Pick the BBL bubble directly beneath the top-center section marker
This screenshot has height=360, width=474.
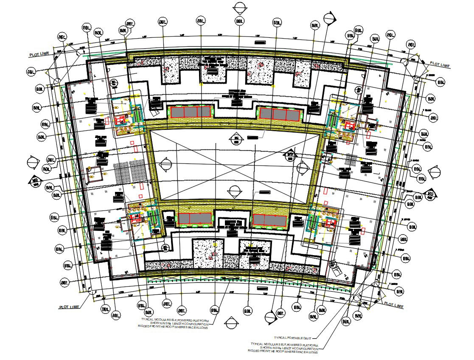[x=240, y=21]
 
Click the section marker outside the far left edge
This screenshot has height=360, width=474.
[x=33, y=163]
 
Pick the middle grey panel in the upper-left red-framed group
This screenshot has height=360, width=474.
[x=191, y=112]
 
